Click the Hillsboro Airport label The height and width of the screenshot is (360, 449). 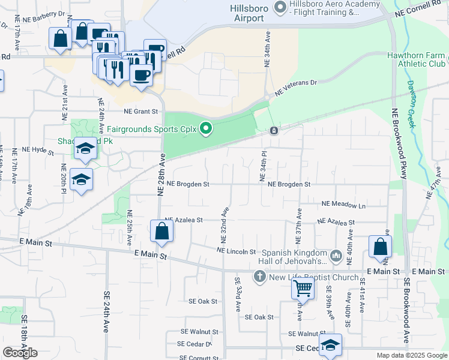[x=247, y=13]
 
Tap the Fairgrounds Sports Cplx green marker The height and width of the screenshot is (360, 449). [x=206, y=128]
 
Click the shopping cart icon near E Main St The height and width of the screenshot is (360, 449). [x=302, y=289]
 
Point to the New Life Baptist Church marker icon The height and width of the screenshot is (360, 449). [x=259, y=277]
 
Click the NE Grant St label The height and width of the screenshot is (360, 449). [x=140, y=111]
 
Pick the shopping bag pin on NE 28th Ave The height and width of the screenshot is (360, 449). [x=162, y=230]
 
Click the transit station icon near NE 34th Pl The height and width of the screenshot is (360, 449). [x=274, y=131]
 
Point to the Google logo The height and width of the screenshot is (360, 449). [x=20, y=353]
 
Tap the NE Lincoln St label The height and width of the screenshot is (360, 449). [x=237, y=251]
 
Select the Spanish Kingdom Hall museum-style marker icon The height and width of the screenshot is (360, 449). [x=336, y=257]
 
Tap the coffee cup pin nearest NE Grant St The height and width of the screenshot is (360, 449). [x=141, y=75]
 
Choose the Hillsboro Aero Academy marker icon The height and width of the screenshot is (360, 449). [x=279, y=7]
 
